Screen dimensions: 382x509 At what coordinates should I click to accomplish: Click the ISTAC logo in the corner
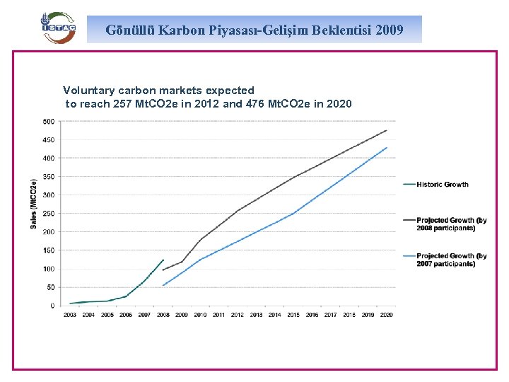pos(57,28)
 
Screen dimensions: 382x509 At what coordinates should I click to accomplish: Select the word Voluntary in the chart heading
pos(88,91)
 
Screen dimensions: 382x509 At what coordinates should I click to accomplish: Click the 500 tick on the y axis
pos(48,122)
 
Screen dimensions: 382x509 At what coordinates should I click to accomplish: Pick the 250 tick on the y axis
pos(48,214)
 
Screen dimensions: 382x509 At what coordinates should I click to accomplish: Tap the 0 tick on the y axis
pos(52,306)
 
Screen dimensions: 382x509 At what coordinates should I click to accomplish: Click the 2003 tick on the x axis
pos(70,315)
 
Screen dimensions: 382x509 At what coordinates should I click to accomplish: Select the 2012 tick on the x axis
pos(238,315)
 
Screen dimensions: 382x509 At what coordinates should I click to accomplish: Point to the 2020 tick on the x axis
pos(386,315)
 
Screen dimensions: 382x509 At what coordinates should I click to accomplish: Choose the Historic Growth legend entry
pos(442,185)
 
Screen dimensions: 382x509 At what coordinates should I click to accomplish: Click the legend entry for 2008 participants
pos(451,224)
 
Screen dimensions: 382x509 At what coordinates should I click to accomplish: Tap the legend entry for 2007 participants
pos(451,260)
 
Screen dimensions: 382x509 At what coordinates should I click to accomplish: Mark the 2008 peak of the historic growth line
pos(163,260)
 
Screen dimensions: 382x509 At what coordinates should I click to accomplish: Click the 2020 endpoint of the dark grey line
pos(387,130)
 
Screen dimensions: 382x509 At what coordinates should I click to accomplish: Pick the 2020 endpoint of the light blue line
pos(387,147)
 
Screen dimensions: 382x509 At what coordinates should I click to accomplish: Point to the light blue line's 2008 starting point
pos(163,285)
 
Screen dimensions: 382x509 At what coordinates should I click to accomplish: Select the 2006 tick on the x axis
pos(126,315)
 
